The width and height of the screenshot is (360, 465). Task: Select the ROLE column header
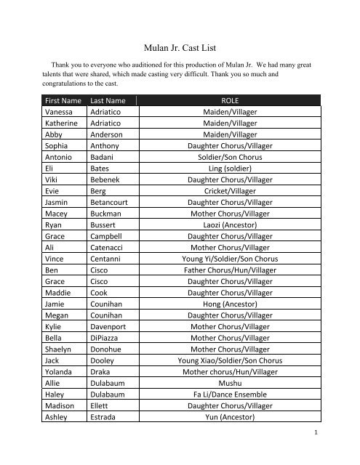[x=229, y=101]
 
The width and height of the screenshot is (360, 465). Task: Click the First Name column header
[x=64, y=101]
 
